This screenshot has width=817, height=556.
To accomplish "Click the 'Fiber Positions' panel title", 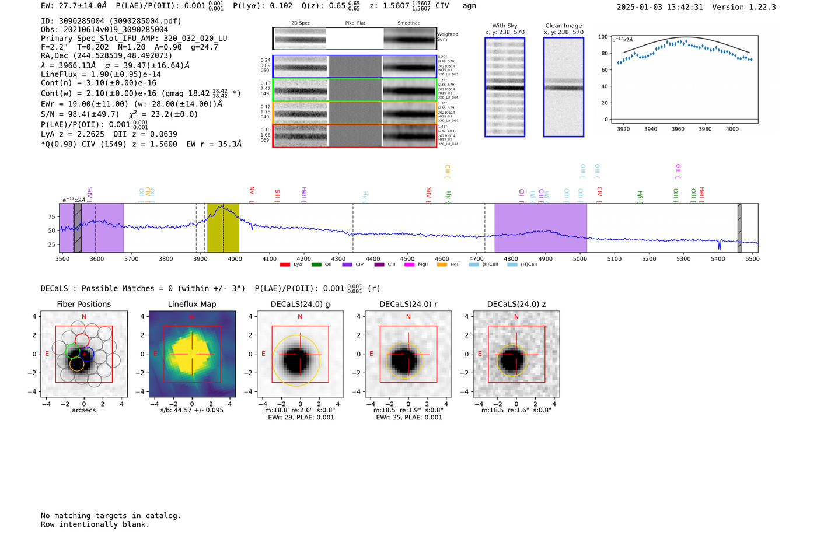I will pos(83,304).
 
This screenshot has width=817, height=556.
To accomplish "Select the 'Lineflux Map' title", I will pos(191,304).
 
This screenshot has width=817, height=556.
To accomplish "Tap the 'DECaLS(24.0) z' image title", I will pos(516,304).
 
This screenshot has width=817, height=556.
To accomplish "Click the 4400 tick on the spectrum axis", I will pos(373,258).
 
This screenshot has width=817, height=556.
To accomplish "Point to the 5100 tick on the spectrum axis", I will pos(615,258).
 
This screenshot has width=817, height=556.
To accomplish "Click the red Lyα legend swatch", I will pos(285,265).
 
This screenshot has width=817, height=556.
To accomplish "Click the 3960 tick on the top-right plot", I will pos(678,129).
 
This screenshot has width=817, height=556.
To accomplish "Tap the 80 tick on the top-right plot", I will pos(603,53).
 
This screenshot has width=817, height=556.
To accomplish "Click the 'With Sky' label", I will pos(504,26).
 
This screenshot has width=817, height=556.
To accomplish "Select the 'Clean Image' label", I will pos(563,26).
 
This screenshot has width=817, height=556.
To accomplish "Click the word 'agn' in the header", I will pos(469,6).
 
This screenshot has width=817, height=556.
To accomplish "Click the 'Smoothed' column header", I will pos(408,23).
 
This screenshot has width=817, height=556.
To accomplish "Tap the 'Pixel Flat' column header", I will pos(355,23).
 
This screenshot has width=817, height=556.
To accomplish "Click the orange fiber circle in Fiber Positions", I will pos(76,364).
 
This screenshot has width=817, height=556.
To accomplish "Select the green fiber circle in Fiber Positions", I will pos(72,351).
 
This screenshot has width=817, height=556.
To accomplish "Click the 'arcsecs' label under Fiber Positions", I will pos(83,410).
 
